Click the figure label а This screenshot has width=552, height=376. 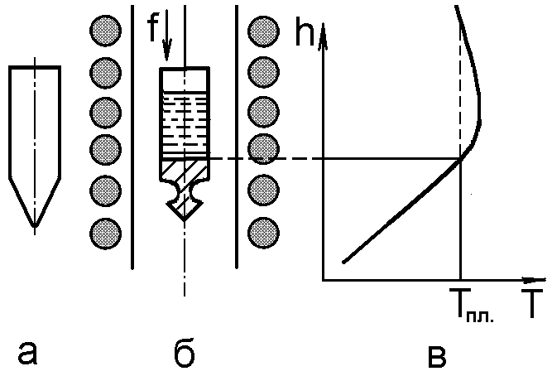(27, 353)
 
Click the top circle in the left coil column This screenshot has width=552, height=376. (104, 30)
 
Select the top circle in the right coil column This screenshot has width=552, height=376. (262, 30)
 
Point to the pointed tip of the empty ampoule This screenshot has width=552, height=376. (34, 224)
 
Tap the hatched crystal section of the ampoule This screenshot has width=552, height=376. (185, 169)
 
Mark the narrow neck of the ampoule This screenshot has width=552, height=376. (185, 195)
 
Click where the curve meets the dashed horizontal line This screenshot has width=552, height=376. (459, 158)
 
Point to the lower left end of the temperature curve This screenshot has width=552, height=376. (343, 263)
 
